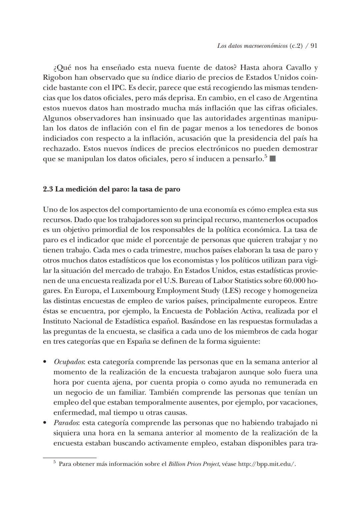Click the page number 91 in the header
pos(314,46)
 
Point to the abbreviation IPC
pos(111,88)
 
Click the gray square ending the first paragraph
pos(272,159)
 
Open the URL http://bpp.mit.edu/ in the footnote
pos(267,464)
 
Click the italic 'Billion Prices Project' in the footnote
pos(194,464)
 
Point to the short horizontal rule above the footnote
pos(70,458)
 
